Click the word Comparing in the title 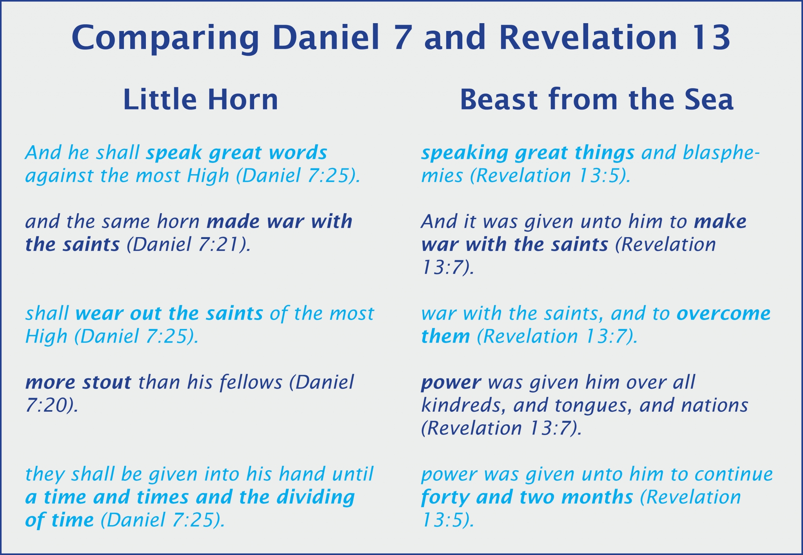coord(165,38)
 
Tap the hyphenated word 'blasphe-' coord(721,153)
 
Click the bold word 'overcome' coord(724,314)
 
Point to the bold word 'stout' coord(106,382)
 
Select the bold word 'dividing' coord(316,498)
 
